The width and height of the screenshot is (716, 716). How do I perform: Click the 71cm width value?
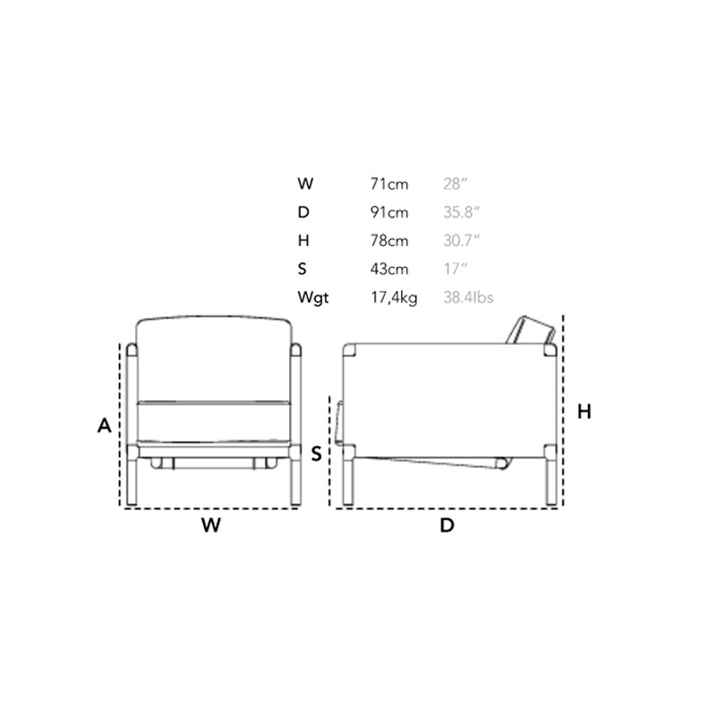(389, 184)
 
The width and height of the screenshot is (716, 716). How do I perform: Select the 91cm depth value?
(389, 212)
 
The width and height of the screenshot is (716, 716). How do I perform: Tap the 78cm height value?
(389, 241)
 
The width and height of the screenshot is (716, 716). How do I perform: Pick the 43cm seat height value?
(389, 269)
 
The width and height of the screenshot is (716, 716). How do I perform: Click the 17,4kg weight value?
(394, 298)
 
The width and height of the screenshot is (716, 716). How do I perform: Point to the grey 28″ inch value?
(456, 184)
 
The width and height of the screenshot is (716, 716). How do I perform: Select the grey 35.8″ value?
(461, 212)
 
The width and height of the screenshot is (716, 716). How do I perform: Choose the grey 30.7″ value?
(461, 241)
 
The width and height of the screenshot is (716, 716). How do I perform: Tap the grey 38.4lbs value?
(468, 297)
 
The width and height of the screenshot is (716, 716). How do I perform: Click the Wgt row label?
(312, 298)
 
